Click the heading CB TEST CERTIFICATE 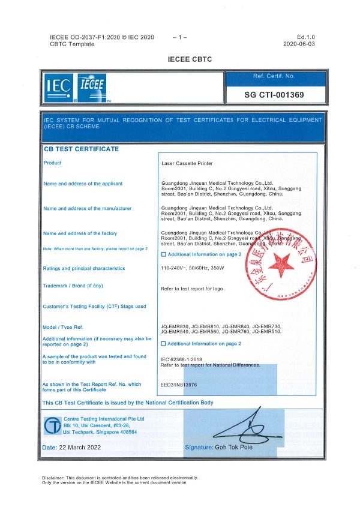pos(81,149)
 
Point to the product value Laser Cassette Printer pos(187,163)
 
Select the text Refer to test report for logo pos(192,289)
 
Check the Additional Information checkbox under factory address pos(164,254)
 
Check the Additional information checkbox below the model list pos(164,343)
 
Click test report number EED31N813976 pos(179,385)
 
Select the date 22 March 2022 pos(80,448)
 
